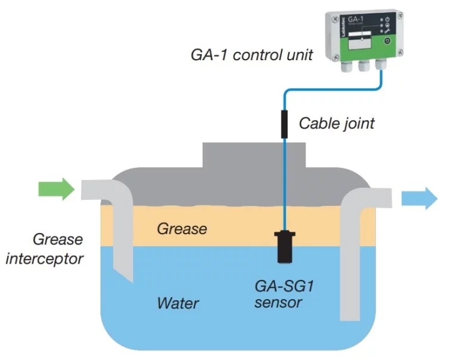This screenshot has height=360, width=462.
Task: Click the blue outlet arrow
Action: (x=419, y=197)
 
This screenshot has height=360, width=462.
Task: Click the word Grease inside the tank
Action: (x=182, y=228)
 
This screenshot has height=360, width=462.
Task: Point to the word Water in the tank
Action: (x=178, y=302)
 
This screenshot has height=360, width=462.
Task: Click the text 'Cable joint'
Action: (x=337, y=124)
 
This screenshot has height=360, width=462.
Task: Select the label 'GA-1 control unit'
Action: (x=248, y=55)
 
